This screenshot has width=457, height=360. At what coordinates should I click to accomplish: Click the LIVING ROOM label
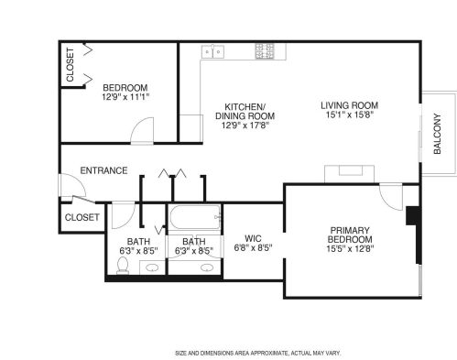pyautogui.click(x=349, y=105)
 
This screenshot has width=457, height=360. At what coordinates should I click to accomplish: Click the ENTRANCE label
pyautogui.click(x=103, y=170)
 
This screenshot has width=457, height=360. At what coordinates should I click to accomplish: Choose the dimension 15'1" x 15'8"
pyautogui.click(x=349, y=116)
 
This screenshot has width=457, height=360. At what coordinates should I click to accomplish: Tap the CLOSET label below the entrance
pyautogui.click(x=82, y=217)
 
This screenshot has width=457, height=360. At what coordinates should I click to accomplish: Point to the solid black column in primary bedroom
pyautogui.click(x=413, y=220)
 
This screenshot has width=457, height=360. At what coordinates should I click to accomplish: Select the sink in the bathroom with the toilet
pyautogui.click(x=149, y=268)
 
